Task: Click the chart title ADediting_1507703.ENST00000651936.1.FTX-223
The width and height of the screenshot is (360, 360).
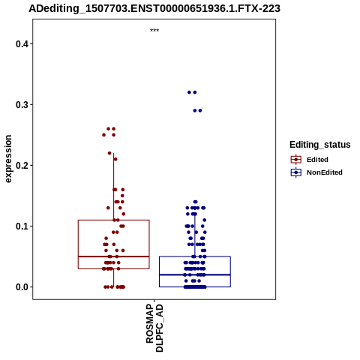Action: [154, 8]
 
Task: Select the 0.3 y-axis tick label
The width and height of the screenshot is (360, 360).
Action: [21, 105]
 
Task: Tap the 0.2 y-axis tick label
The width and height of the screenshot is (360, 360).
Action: [21, 166]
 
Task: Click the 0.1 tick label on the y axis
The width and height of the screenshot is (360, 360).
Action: [21, 226]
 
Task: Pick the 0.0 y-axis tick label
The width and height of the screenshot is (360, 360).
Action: [21, 287]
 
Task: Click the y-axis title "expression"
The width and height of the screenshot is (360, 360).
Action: [8, 159]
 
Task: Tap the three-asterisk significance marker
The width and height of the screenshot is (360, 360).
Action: [154, 31]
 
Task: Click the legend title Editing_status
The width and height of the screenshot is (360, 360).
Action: [320, 145]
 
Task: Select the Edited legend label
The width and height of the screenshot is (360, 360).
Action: [317, 160]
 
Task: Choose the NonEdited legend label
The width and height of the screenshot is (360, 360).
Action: [325, 172]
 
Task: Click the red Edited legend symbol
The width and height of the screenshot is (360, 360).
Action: [296, 160]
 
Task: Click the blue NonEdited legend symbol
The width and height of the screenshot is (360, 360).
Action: [296, 172]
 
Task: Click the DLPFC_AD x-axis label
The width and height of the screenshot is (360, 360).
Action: [159, 328]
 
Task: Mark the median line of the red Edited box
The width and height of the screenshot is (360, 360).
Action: [114, 256]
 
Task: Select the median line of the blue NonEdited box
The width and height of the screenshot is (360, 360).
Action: [195, 274]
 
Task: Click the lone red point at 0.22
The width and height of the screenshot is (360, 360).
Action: [109, 153]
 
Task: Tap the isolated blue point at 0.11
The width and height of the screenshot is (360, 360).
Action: [205, 220]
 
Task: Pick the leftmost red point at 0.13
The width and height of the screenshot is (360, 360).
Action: [108, 208]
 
